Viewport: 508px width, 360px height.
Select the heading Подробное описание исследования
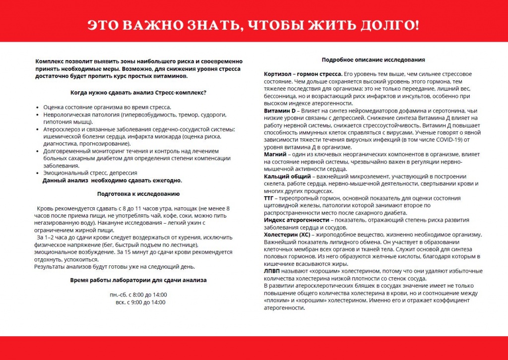tap(373, 60)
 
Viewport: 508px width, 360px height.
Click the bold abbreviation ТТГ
tap(270, 198)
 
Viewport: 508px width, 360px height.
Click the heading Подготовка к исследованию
tap(138, 194)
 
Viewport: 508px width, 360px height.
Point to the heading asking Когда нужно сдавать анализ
tap(138, 93)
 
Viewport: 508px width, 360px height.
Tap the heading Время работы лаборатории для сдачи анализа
tap(138, 280)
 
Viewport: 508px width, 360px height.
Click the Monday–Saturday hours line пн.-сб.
tap(138, 295)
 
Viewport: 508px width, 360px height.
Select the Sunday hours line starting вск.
tap(140, 302)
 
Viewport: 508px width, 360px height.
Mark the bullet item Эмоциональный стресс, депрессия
tap(90, 173)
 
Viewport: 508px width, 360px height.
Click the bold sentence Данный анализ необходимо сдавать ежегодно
tap(112, 180)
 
